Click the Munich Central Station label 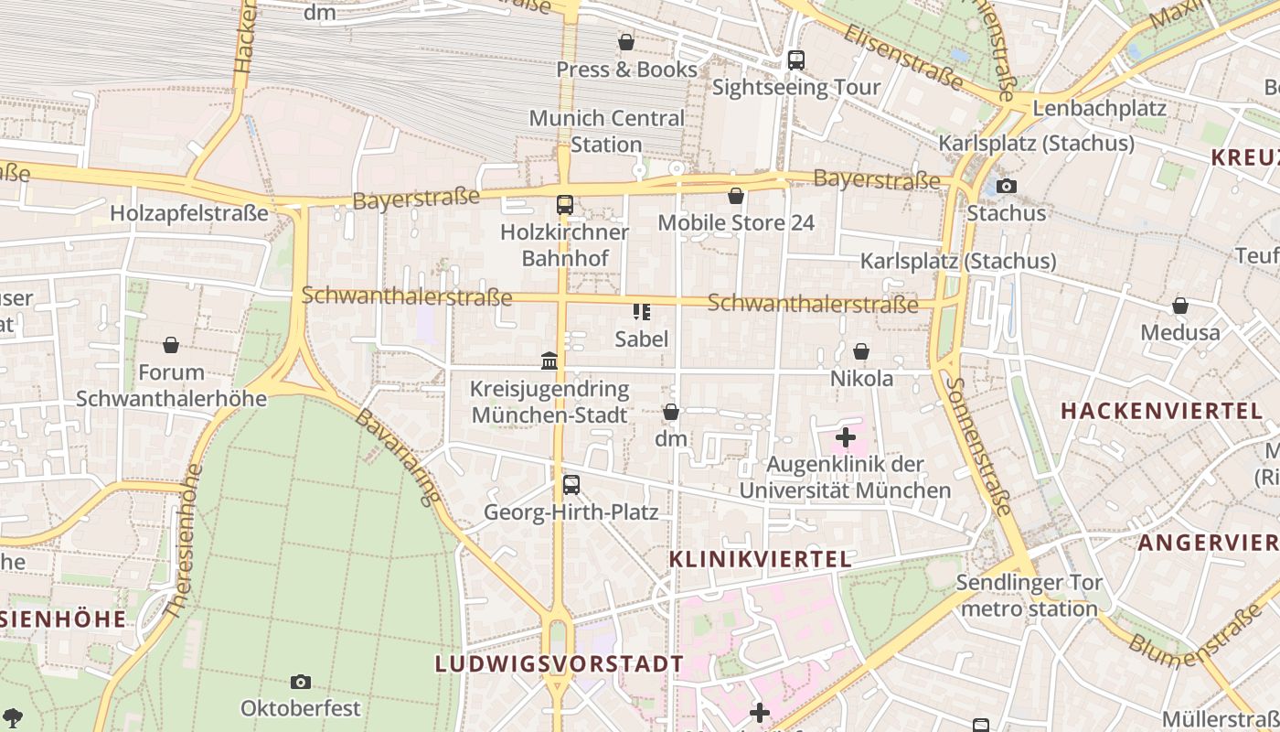(x=606, y=131)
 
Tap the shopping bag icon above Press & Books (x=626, y=42)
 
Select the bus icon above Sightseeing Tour (x=796, y=60)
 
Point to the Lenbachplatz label (x=1099, y=108)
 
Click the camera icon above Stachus (x=1006, y=186)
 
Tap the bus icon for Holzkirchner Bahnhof (x=565, y=205)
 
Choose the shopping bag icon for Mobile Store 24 (x=736, y=196)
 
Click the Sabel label (x=641, y=339)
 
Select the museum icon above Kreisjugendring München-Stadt (x=549, y=361)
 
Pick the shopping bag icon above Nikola (x=861, y=351)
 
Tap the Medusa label (x=1179, y=332)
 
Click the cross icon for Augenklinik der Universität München (x=846, y=437)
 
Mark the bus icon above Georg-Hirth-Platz (x=571, y=484)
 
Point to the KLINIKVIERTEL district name (x=760, y=559)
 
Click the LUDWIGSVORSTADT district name (x=560, y=663)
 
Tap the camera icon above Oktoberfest (x=301, y=682)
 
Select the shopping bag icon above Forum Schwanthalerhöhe (x=171, y=345)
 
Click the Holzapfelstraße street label (x=189, y=213)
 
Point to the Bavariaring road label (x=398, y=457)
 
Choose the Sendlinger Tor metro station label (x=1029, y=595)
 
